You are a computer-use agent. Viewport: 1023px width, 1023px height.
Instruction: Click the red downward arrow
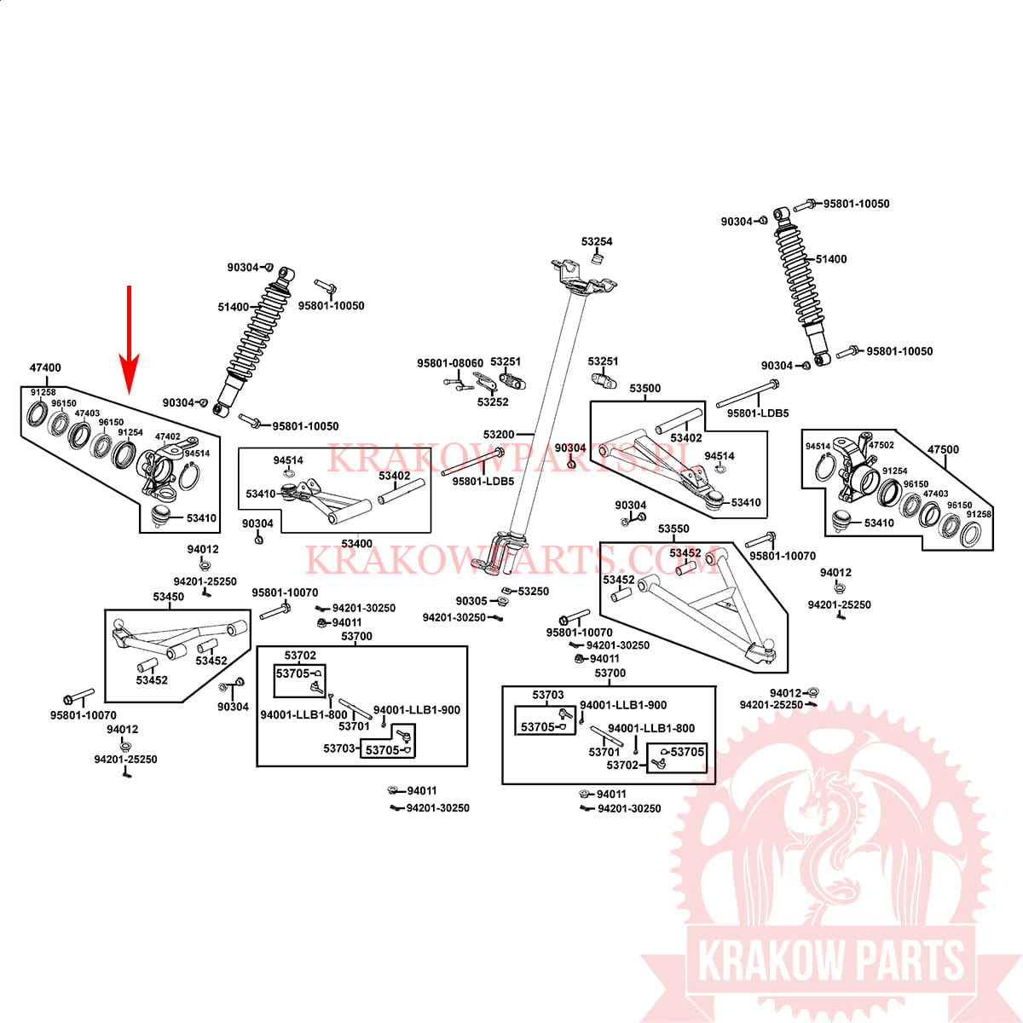[x=129, y=340]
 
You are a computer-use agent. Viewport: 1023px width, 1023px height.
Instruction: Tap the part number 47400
[x=45, y=367]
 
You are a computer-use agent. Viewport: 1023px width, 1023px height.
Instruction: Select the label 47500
[x=943, y=449]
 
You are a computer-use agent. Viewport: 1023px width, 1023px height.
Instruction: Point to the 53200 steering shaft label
[x=499, y=434]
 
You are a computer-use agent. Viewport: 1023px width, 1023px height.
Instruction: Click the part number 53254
[x=597, y=241]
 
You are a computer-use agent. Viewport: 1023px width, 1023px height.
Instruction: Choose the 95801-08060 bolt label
[x=449, y=363]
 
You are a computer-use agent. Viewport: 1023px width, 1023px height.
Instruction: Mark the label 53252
[x=493, y=402]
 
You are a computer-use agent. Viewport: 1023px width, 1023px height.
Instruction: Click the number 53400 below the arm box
[x=356, y=544]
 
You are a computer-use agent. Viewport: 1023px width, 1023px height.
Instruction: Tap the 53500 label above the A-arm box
[x=645, y=388]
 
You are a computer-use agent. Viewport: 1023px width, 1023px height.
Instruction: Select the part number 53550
[x=673, y=529]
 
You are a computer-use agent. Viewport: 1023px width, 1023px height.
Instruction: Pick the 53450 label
[x=168, y=597]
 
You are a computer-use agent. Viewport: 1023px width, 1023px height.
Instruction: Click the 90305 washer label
[x=471, y=601]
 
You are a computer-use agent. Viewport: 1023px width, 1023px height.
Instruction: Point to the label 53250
[x=533, y=592]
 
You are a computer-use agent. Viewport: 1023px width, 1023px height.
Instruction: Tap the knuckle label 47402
[x=168, y=436]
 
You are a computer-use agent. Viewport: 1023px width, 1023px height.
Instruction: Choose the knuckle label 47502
[x=881, y=445]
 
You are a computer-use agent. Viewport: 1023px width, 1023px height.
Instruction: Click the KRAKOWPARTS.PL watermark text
[x=511, y=458]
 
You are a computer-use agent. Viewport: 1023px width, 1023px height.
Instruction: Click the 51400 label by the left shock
[x=233, y=307]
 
